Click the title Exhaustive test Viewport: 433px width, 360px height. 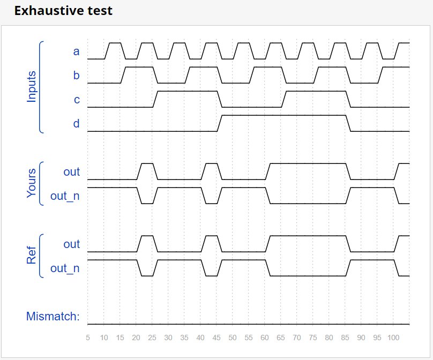63,11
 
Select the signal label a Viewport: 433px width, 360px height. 76,51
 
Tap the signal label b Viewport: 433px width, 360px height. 76,76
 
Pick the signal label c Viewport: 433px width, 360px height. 77,100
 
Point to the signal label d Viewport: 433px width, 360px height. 76,124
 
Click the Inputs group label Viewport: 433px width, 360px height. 32,86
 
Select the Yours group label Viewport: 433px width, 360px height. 32,183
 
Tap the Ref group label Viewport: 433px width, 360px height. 32,256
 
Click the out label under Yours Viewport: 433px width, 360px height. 71,172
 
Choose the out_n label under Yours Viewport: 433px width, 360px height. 65,196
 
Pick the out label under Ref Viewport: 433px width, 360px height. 71,244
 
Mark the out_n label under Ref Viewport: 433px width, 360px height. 65,268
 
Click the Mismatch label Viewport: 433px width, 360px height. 53,317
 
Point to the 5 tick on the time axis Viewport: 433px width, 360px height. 88,338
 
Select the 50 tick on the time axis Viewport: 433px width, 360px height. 233,338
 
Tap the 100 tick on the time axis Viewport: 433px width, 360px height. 393,338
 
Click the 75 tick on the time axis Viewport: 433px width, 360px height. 313,338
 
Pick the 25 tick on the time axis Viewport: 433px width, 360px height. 152,338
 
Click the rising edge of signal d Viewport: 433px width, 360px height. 219,123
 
